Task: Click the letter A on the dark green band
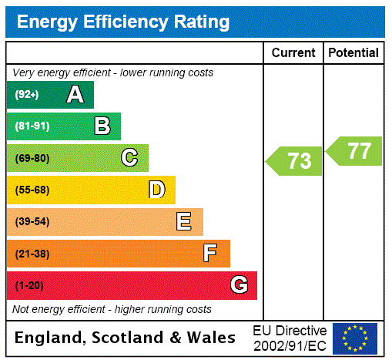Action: [x=75, y=95]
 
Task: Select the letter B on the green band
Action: [x=102, y=126]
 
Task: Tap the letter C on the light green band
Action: [x=129, y=158]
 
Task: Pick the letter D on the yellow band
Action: [x=156, y=190]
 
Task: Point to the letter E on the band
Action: [x=183, y=222]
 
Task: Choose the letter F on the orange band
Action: [x=210, y=253]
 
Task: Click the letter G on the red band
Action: [x=239, y=285]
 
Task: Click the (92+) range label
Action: [x=27, y=96]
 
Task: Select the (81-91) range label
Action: [x=32, y=126]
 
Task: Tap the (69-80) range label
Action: [x=32, y=158]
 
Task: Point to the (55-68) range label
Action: [x=32, y=190]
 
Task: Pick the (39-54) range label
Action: [x=32, y=222]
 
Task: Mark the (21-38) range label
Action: [x=32, y=254]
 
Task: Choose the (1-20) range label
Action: [x=29, y=285]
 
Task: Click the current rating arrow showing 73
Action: [x=295, y=161]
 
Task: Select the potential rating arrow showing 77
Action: [x=356, y=150]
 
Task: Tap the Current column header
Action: [x=293, y=53]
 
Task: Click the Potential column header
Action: [x=353, y=53]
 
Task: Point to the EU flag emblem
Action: [x=355, y=338]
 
